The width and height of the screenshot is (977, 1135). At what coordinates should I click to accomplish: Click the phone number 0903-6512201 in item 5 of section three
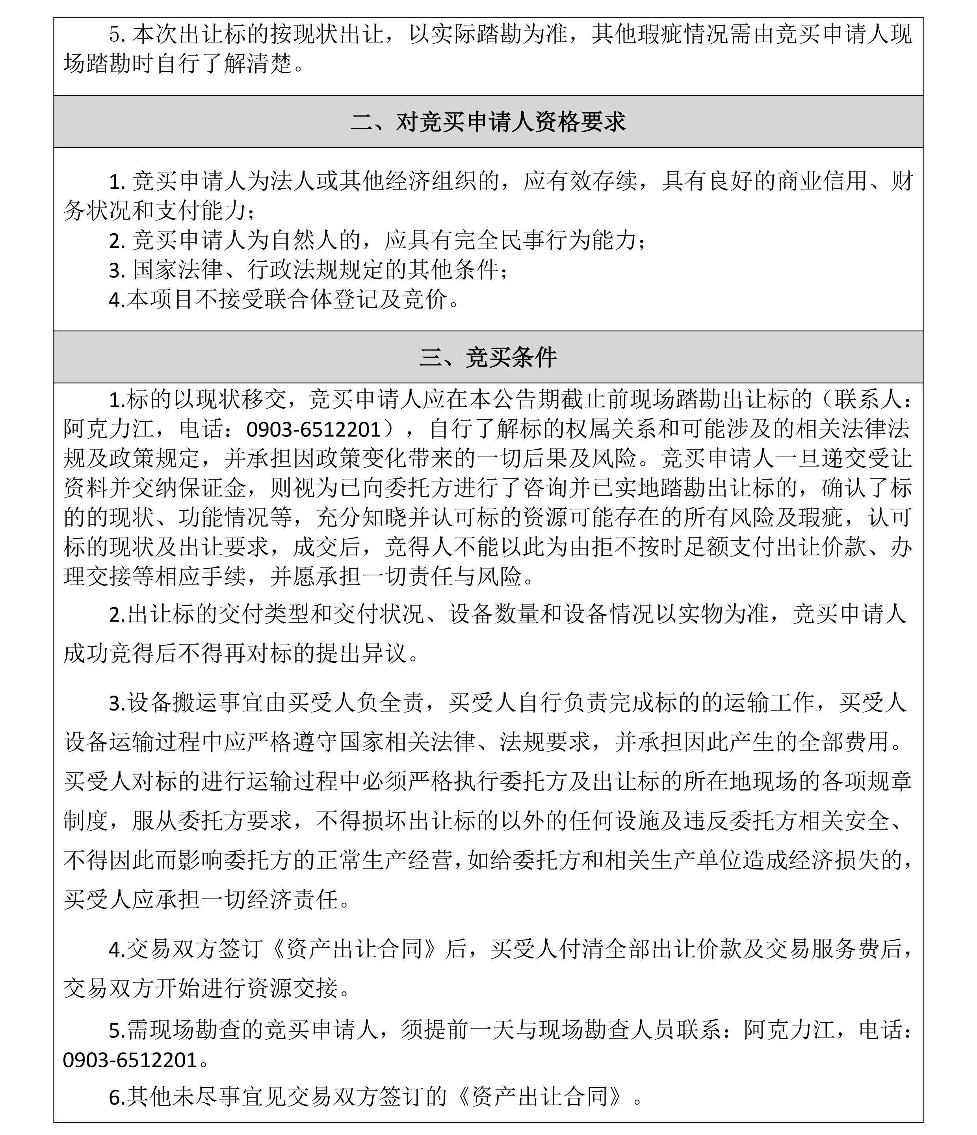[130, 1060]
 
